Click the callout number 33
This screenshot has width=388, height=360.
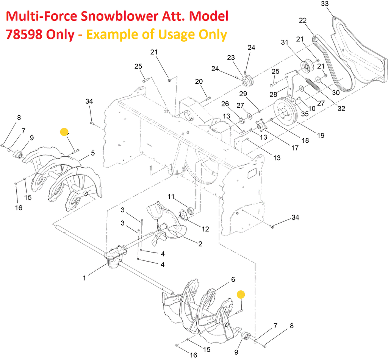pos(325,4)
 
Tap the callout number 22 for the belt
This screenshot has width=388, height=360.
pos(303,20)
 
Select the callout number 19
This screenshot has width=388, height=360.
pos(321,135)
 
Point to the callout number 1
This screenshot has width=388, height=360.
pos(84,278)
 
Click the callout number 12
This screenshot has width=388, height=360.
pos(205,229)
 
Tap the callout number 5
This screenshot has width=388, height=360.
pos(92,153)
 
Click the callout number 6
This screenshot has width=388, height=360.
pos(233,279)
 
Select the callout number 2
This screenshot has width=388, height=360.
pos(200,243)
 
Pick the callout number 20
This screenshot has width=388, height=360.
pos(199,81)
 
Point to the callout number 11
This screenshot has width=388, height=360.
pos(171,196)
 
